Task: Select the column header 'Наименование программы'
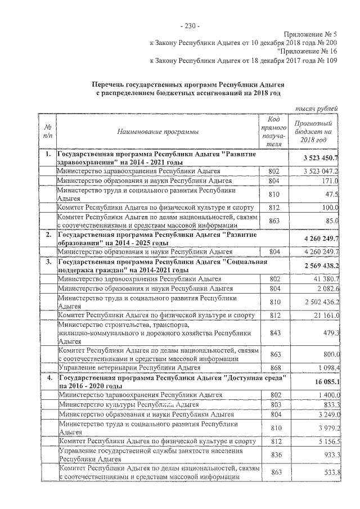(157, 132)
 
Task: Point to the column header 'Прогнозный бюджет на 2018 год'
(313, 132)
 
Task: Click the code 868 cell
(274, 367)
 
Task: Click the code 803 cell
(274, 404)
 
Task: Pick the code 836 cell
(274, 454)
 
